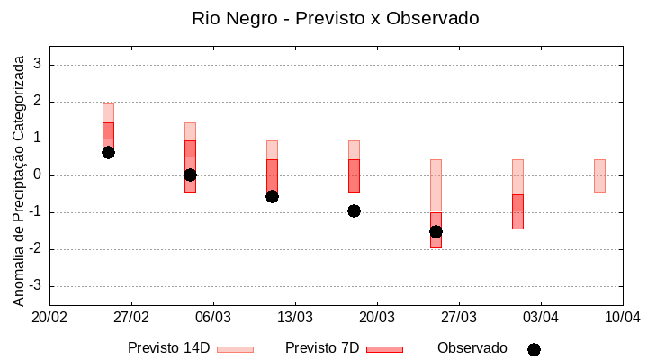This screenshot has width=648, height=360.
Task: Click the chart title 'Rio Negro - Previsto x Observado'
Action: pyautogui.click(x=335, y=18)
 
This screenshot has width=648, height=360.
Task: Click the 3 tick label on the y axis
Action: pyautogui.click(x=38, y=65)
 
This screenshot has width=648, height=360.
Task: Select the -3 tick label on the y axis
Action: pyautogui.click(x=35, y=286)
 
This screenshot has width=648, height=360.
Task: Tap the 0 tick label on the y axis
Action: pyautogui.click(x=38, y=175)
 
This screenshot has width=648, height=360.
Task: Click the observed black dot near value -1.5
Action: pyautogui.click(x=436, y=231)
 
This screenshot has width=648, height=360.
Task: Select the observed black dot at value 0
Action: pyautogui.click(x=190, y=175)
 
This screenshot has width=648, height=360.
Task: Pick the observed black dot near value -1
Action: pyautogui.click(x=354, y=211)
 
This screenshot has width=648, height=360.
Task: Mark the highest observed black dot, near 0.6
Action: pyautogui.click(x=108, y=152)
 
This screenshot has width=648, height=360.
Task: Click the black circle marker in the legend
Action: pyautogui.click(x=534, y=349)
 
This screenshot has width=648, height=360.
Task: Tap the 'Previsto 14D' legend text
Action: pyautogui.click(x=168, y=348)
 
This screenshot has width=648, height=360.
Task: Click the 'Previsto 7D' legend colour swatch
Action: pyautogui.click(x=384, y=349)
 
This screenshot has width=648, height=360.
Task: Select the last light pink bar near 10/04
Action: pyautogui.click(x=599, y=175)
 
